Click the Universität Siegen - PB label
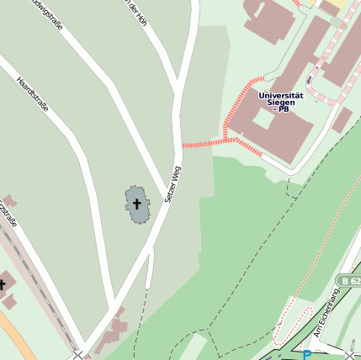281,102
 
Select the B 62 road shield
350,279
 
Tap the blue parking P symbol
306,355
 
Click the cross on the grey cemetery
136,203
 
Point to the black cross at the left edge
3,284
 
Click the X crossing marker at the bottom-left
78,355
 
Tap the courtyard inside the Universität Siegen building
263,119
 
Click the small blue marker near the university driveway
309,81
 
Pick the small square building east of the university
342,119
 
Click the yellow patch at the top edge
328,6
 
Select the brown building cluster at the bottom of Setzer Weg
109,332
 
